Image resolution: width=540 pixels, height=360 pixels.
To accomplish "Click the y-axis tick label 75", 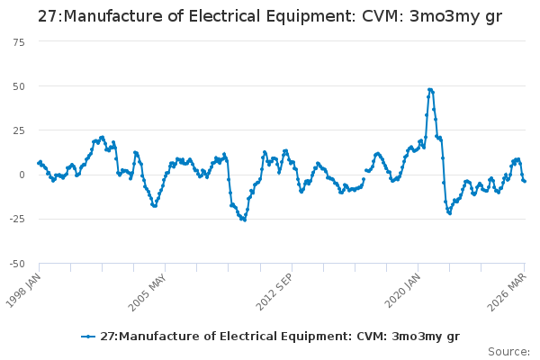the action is (19, 42).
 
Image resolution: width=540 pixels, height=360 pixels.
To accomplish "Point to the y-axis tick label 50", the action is (19, 86).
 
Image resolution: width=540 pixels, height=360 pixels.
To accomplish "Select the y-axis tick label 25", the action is (19, 130).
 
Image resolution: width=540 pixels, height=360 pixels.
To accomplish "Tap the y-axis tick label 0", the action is (22, 175).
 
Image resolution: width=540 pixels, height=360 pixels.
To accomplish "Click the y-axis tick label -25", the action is (17, 219).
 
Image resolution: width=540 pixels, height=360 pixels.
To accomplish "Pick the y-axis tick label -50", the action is (17, 264).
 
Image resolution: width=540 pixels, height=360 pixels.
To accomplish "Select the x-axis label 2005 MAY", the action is (148, 292).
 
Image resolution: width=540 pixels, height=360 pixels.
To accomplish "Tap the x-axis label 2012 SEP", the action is (274, 292).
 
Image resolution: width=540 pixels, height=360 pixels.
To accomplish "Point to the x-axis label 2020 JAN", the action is (402, 291).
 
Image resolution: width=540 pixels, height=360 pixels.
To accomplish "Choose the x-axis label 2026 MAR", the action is (508, 292).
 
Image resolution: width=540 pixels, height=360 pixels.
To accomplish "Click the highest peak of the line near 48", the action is (430, 90).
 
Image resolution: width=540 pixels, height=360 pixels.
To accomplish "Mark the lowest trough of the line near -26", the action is (245, 220).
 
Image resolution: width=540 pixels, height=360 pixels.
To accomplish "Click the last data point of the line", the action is (525, 182).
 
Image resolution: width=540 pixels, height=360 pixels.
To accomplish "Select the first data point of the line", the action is (39, 163).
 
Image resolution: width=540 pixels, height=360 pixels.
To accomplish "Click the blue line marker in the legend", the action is (88, 337).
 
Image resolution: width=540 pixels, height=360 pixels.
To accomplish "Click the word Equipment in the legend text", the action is (316, 337).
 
